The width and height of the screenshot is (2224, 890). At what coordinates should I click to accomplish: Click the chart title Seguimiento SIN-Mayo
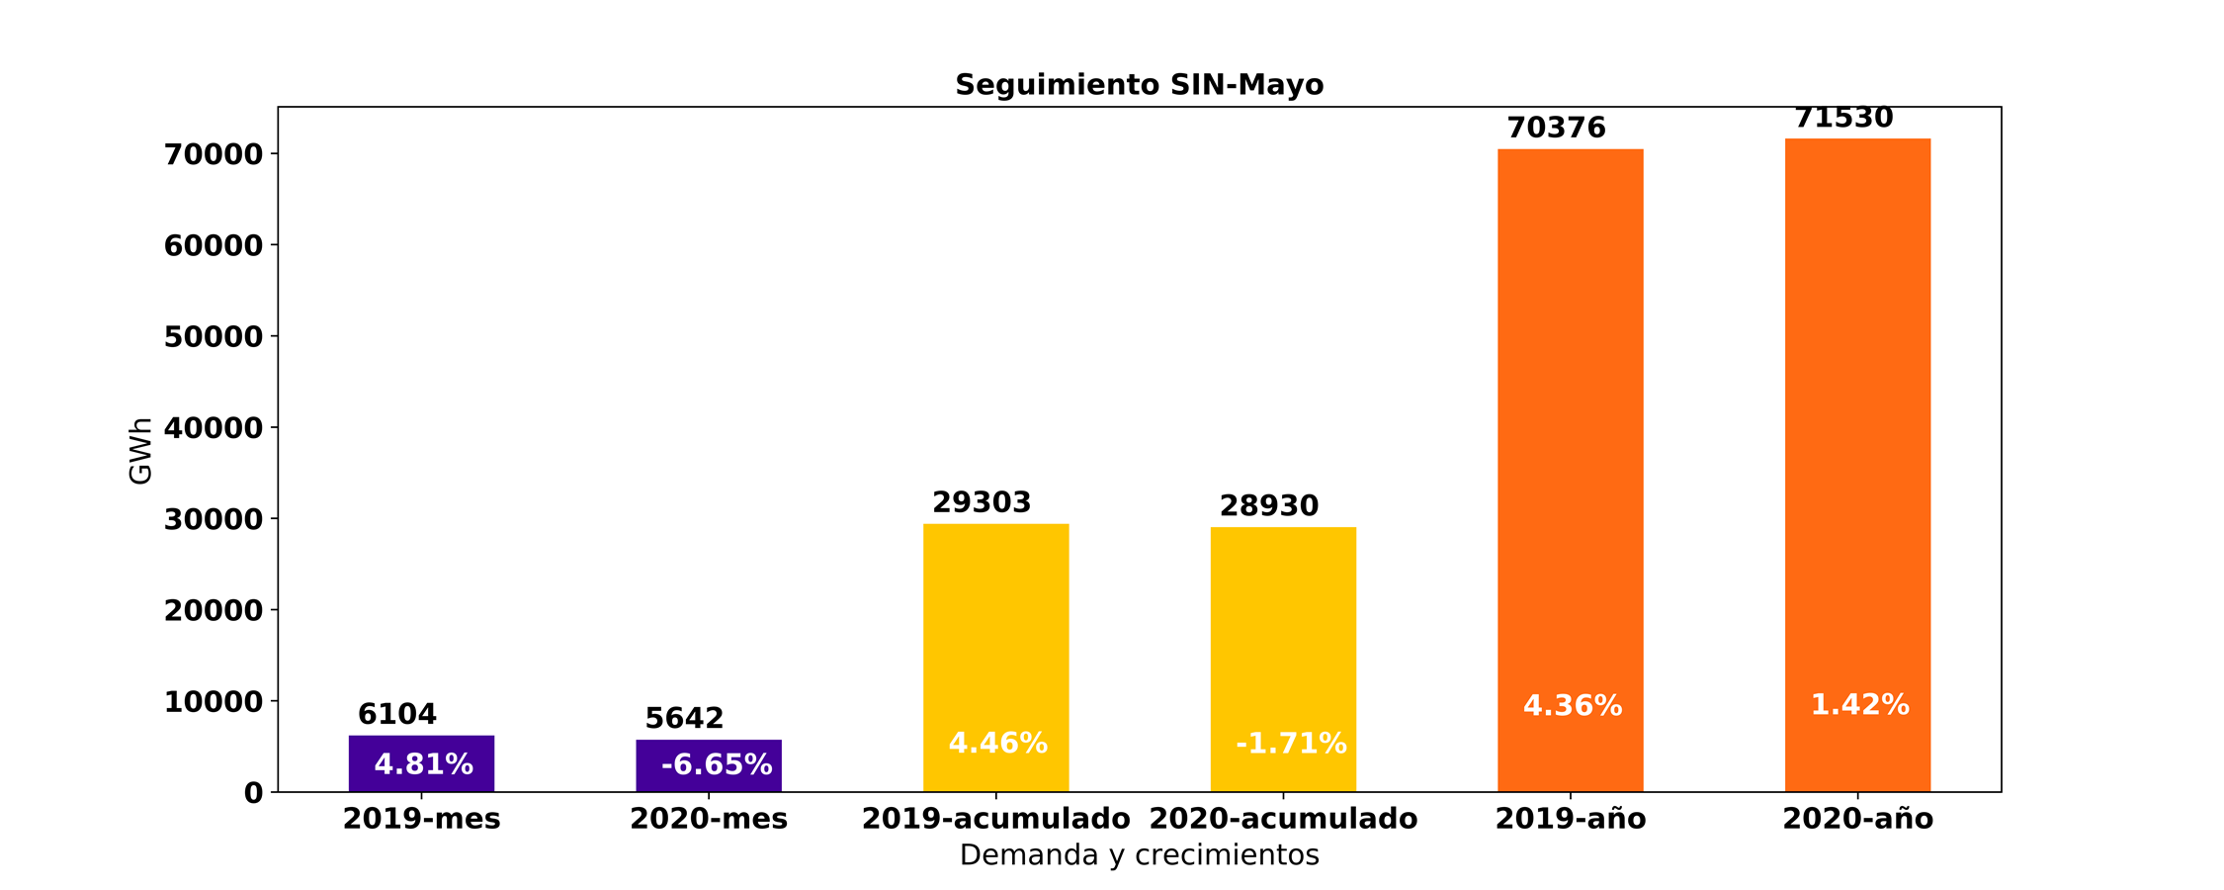(x=1139, y=85)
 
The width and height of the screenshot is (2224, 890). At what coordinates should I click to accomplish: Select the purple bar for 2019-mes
(x=421, y=763)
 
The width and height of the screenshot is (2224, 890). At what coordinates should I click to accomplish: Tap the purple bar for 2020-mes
(x=709, y=765)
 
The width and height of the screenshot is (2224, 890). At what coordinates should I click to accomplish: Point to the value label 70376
(x=1556, y=129)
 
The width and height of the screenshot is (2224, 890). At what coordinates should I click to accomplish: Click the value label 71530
(x=1843, y=119)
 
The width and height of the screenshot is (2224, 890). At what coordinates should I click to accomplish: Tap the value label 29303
(x=982, y=503)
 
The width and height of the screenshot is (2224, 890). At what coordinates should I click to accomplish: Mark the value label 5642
(x=684, y=719)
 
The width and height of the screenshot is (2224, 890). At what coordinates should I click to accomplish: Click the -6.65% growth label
(x=717, y=765)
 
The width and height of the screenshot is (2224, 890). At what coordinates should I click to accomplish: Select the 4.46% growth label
(x=997, y=744)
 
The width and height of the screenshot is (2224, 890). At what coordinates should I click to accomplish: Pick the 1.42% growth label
(x=1859, y=705)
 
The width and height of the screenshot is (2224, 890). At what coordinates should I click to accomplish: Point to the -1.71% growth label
(x=1291, y=744)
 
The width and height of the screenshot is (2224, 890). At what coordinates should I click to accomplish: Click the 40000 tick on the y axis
(x=214, y=428)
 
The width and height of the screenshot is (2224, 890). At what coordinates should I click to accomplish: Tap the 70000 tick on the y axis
(x=214, y=154)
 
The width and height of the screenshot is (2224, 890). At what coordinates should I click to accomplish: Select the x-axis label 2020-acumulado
(x=1283, y=820)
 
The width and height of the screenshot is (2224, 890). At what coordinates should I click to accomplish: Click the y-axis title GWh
(x=141, y=451)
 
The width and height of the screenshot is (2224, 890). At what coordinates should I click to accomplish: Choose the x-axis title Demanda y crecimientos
(x=1139, y=855)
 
